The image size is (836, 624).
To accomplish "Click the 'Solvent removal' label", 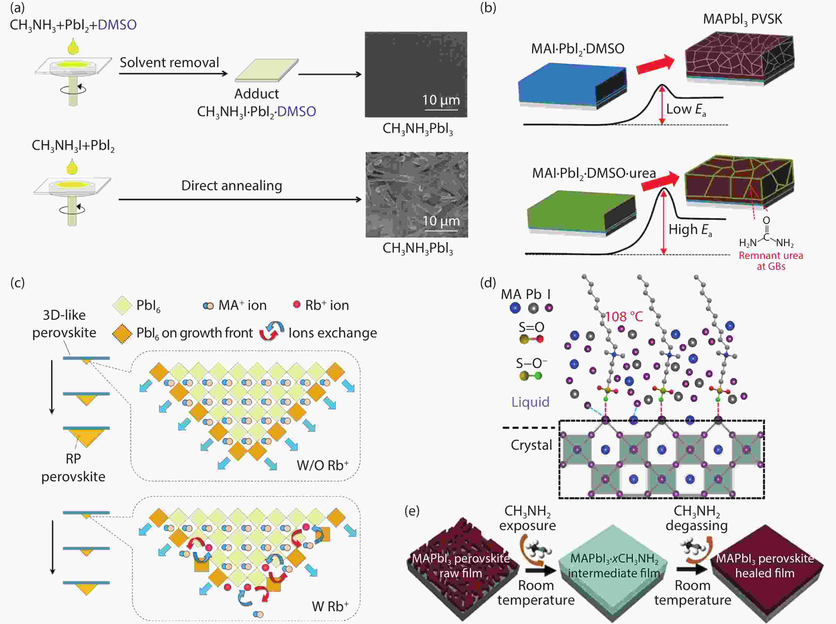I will click(169, 62).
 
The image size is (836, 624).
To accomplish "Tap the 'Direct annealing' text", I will click(232, 185).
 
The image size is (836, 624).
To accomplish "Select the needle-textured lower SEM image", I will click(417, 194).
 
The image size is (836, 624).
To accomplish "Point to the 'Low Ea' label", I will click(686, 110).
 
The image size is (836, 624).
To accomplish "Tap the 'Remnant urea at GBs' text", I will click(771, 261).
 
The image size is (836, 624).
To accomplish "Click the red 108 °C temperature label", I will click(624, 317).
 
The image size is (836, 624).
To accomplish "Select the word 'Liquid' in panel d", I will click(530, 402).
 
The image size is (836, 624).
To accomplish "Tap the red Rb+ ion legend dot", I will click(297, 304).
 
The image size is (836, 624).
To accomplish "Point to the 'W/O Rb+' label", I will click(322, 465).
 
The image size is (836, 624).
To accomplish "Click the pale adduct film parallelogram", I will click(267, 70).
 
